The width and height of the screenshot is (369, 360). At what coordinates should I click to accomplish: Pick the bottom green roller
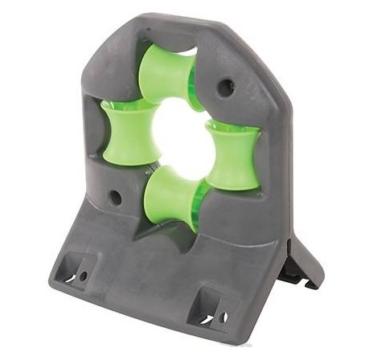click(173, 198)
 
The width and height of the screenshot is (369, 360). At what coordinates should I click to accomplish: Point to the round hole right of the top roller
click(227, 86)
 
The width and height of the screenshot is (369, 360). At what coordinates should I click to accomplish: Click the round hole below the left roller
click(116, 196)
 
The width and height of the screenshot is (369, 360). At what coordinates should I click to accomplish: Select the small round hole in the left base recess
click(83, 276)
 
